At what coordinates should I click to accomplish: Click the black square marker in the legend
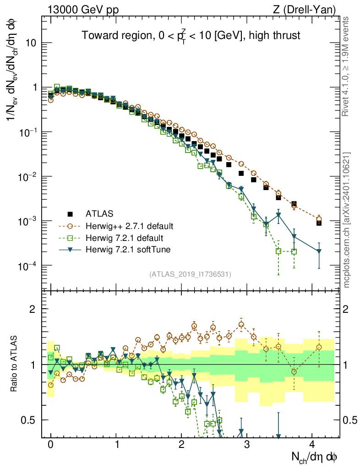coord(70,213)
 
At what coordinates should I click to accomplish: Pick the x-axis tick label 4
coord(312,445)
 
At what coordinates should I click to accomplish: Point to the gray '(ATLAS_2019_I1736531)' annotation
coord(190,274)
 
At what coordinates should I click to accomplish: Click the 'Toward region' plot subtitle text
coord(191,35)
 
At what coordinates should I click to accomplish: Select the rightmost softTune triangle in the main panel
coord(319,251)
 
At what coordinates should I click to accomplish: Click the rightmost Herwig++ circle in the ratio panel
coord(319,347)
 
